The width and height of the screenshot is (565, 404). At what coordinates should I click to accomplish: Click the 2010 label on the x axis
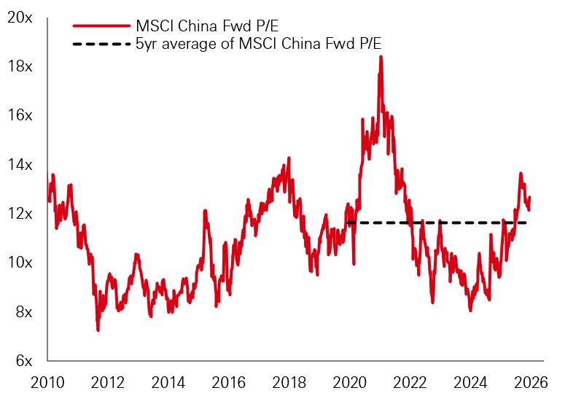click(48, 382)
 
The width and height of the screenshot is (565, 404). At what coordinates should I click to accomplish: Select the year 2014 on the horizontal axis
click(168, 382)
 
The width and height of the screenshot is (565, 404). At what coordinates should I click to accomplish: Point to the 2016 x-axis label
click(229, 382)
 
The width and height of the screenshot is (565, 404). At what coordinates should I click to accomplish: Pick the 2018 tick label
click(289, 382)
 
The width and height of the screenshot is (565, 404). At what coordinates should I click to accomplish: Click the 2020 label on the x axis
click(350, 382)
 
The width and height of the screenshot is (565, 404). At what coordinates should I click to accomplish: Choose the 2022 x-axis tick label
click(410, 382)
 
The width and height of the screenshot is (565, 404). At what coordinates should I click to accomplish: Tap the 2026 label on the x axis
click(531, 382)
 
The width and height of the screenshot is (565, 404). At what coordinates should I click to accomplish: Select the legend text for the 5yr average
click(259, 45)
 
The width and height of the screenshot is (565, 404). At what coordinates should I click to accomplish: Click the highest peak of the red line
click(380, 56)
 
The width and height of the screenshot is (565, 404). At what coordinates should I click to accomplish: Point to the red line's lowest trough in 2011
click(98, 330)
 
